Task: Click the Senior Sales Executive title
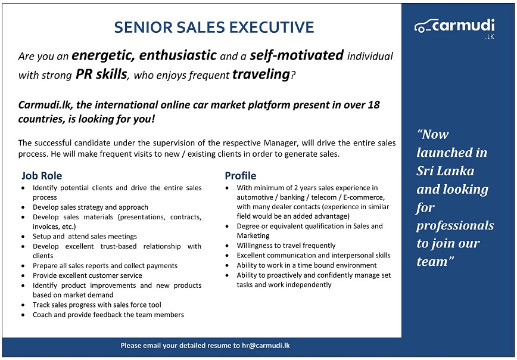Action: pyautogui.click(x=213, y=27)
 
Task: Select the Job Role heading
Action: pyautogui.click(x=42, y=176)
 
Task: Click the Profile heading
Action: pyautogui.click(x=240, y=176)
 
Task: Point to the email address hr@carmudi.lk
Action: pyautogui.click(x=266, y=346)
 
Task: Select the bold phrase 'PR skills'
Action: pyautogui.click(x=101, y=75)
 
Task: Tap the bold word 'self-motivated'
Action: pyautogui.click(x=296, y=56)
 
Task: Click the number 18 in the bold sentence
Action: pyautogui.click(x=373, y=105)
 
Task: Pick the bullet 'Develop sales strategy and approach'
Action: pyautogui.click(x=91, y=207)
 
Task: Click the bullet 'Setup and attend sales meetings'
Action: pyautogui.click(x=85, y=237)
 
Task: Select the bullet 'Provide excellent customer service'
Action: pyautogui.click(x=88, y=275)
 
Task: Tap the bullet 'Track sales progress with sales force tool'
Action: pyautogui.click(x=97, y=305)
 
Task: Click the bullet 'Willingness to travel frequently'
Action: pyautogui.click(x=286, y=246)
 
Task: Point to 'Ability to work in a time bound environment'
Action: pyautogui.click(x=307, y=265)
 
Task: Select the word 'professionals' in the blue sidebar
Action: pyautogui.click(x=455, y=226)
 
